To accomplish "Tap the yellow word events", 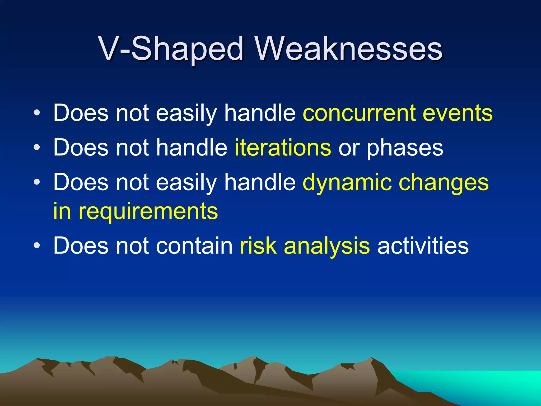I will tap(458, 113).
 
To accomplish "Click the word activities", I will tap(423, 246).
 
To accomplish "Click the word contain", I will tap(194, 246).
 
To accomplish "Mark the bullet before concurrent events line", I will tap(37, 113).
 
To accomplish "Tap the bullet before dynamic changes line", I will tap(37, 182).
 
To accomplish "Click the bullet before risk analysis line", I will tap(37, 246).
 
